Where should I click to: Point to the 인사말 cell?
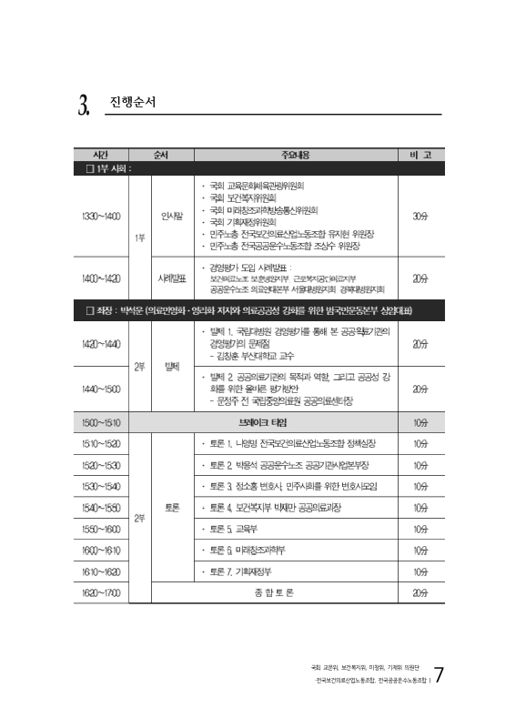[x=172, y=217]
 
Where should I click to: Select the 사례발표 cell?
[x=172, y=278]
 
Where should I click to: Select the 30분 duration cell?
[x=420, y=217]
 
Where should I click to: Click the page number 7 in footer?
[x=440, y=675]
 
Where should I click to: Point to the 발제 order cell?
[x=172, y=366]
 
